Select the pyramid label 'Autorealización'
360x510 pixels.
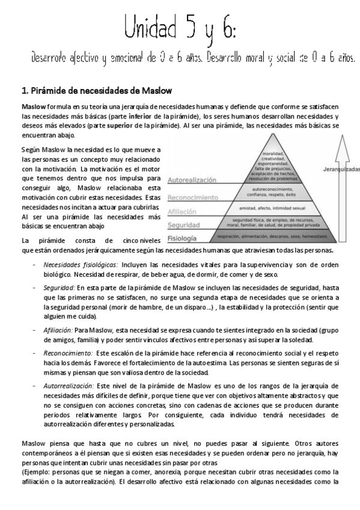click(x=192, y=180)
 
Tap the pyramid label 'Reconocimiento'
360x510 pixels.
click(x=192, y=197)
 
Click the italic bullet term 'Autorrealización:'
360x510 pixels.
click(x=69, y=385)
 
